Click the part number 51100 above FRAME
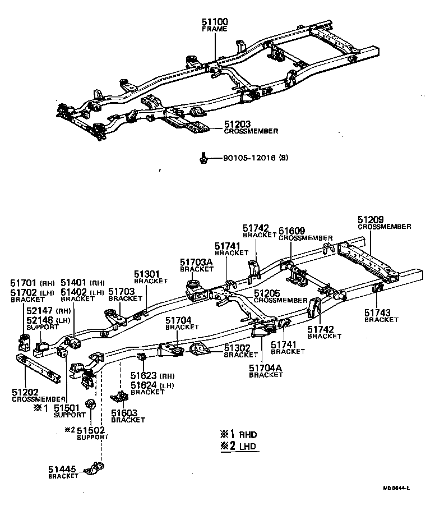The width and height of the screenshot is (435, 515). click(215, 22)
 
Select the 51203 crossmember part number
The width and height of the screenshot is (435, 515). click(237, 123)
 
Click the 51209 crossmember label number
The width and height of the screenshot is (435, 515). click(371, 219)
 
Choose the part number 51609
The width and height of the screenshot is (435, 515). click(292, 231)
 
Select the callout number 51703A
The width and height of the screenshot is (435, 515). click(196, 261)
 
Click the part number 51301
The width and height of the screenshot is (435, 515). click(147, 274)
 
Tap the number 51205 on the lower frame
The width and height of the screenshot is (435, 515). click(267, 293)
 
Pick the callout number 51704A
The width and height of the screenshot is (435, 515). click(266, 368)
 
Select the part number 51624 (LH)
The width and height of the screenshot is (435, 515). click(144, 385)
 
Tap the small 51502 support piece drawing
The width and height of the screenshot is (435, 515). click(89, 403)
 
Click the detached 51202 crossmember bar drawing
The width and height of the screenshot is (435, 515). click(38, 368)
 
